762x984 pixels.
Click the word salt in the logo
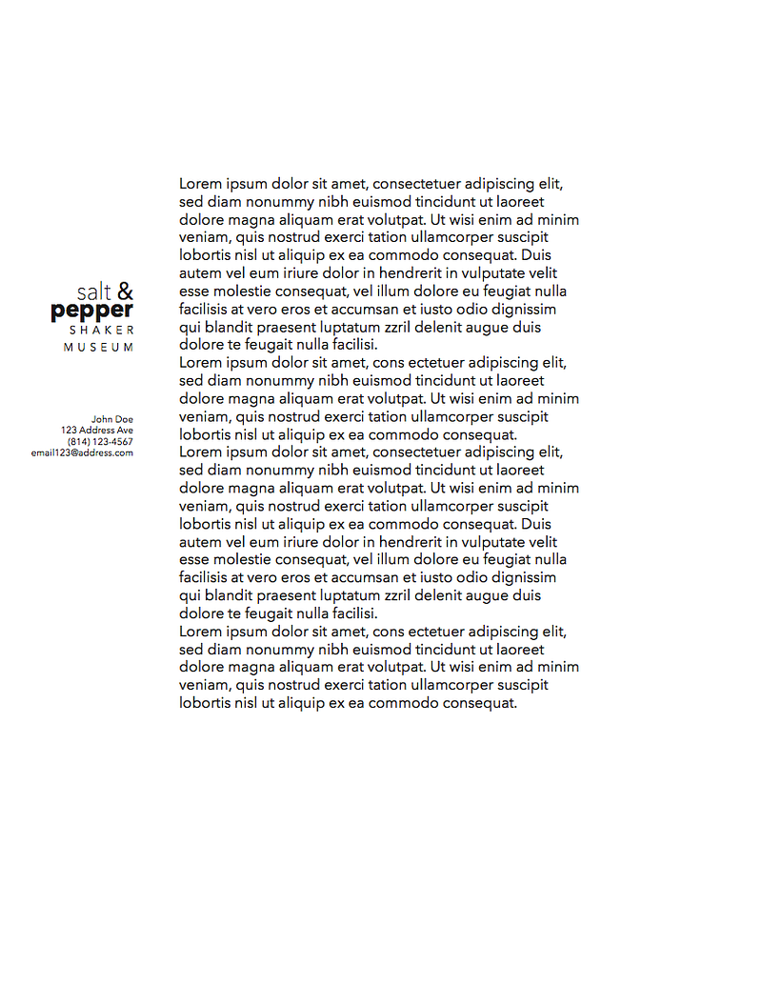coord(94,292)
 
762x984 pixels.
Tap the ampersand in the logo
coord(125,291)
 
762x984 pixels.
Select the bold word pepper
coord(92,311)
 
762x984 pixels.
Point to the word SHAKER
coord(102,330)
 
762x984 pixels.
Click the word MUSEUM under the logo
coord(99,348)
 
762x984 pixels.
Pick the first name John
coord(102,419)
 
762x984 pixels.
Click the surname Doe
coord(125,419)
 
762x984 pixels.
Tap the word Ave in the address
coord(125,431)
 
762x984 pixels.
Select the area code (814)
coord(79,442)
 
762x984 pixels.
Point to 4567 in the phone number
coord(122,442)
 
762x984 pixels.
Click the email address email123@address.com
coord(82,453)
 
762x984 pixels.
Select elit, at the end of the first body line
coord(551,184)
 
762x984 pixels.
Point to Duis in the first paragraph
coord(536,255)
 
